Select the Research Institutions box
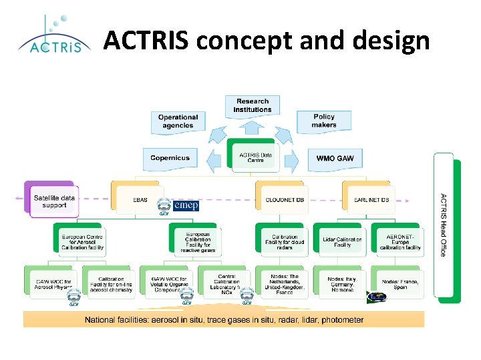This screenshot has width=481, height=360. coord(253,105)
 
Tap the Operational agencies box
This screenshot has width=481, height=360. coord(178,121)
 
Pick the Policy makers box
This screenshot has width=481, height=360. coord(324,121)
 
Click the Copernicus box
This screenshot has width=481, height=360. coord(170,158)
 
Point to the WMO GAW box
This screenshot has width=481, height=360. coord(335,158)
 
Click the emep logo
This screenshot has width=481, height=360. coord(186,205)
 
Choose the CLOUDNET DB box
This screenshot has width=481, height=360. coord(279,199)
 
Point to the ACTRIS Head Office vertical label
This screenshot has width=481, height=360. coord(442,225)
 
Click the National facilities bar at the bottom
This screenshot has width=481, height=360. coord(224,320)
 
